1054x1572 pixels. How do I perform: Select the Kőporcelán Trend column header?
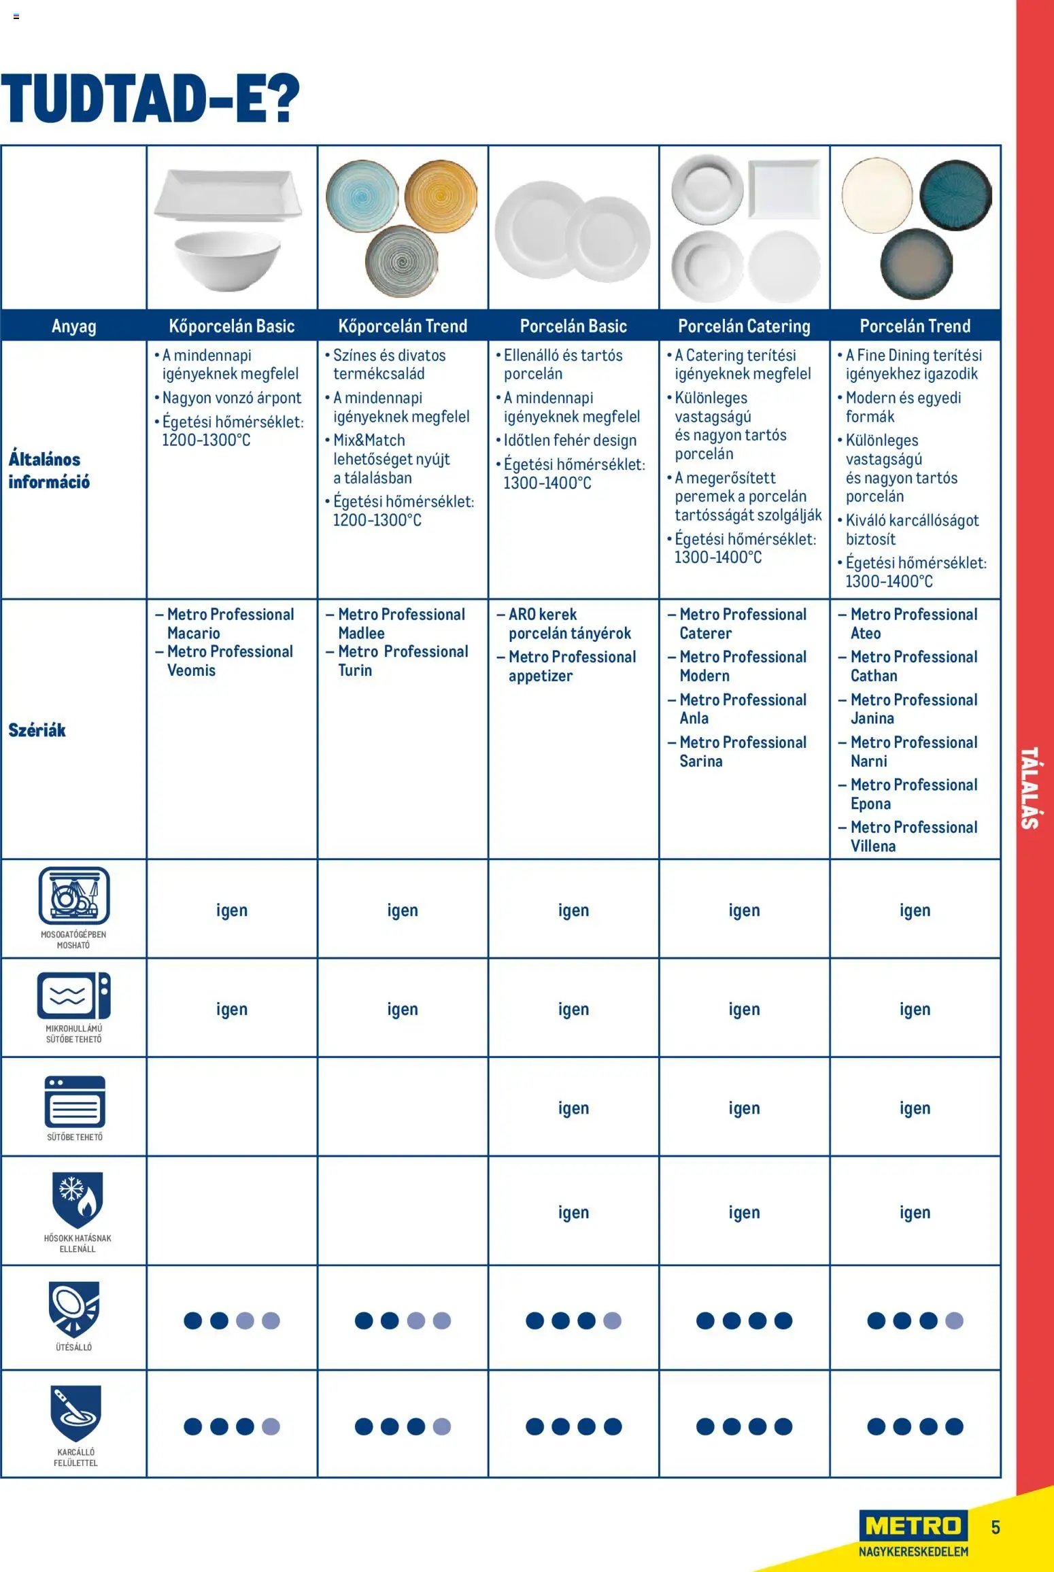pyautogui.click(x=403, y=326)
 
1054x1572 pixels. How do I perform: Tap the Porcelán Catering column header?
pyautogui.click(x=744, y=326)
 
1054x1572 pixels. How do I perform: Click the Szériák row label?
pyautogui.click(x=37, y=730)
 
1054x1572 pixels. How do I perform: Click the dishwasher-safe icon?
pyautogui.click(x=74, y=895)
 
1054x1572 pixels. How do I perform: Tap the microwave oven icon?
pyautogui.click(x=74, y=995)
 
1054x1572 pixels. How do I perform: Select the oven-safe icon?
pyautogui.click(x=75, y=1101)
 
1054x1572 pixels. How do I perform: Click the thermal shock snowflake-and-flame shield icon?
pyautogui.click(x=78, y=1199)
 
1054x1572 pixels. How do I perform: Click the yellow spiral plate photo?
pyautogui.click(x=440, y=196)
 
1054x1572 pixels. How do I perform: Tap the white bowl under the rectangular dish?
pyautogui.click(x=227, y=261)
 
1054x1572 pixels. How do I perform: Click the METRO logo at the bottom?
pyautogui.click(x=913, y=1526)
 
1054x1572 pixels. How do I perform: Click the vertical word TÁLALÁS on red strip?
pyautogui.click(x=1030, y=788)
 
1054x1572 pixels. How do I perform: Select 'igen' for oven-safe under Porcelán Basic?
pyautogui.click(x=573, y=1108)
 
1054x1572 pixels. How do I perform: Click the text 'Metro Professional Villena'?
pyautogui.click(x=913, y=836)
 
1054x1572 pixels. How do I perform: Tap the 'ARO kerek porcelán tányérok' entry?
pyautogui.click(x=570, y=623)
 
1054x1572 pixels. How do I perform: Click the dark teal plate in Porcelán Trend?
pyautogui.click(x=955, y=195)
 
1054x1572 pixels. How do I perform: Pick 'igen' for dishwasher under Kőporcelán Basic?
pyautogui.click(x=232, y=910)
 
